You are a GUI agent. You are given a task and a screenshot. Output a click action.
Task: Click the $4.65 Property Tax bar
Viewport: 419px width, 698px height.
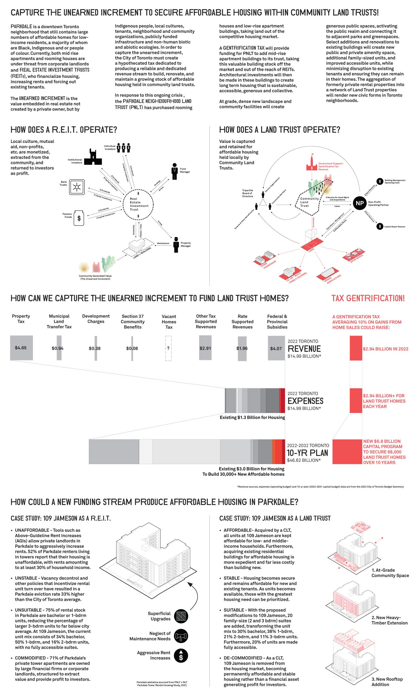pyautogui.click(x=22, y=348)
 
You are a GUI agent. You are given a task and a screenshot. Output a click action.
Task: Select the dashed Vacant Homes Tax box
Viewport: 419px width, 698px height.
pyautogui.click(x=168, y=348)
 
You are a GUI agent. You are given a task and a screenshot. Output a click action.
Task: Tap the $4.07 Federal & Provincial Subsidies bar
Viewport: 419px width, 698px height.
pyautogui.click(x=276, y=348)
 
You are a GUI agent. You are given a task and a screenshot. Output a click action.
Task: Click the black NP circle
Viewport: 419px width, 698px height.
pyautogui.click(x=360, y=203)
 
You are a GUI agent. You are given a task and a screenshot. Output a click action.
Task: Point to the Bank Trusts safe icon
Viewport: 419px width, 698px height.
pyautogui.click(x=77, y=187)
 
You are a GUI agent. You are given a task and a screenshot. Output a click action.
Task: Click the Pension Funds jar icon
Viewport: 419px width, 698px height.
pyautogui.click(x=79, y=218)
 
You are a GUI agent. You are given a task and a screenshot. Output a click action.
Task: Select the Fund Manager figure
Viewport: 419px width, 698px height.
pyautogui.click(x=175, y=171)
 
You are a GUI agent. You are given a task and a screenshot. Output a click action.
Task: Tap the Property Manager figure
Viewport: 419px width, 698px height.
pyautogui.click(x=176, y=245)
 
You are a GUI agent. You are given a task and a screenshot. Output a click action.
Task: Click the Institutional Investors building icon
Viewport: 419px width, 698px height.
pyautogui.click(x=93, y=157)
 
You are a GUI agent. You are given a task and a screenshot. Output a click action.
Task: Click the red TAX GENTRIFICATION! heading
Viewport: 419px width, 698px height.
pyautogui.click(x=368, y=298)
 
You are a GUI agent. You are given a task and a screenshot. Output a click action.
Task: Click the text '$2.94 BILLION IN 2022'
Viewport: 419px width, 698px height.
pyautogui.click(x=385, y=349)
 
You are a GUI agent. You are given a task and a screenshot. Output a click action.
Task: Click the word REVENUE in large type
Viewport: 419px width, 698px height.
pyautogui.click(x=304, y=349)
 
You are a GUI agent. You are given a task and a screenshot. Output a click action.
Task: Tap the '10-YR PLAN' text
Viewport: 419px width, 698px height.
pyautogui.click(x=307, y=453)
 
